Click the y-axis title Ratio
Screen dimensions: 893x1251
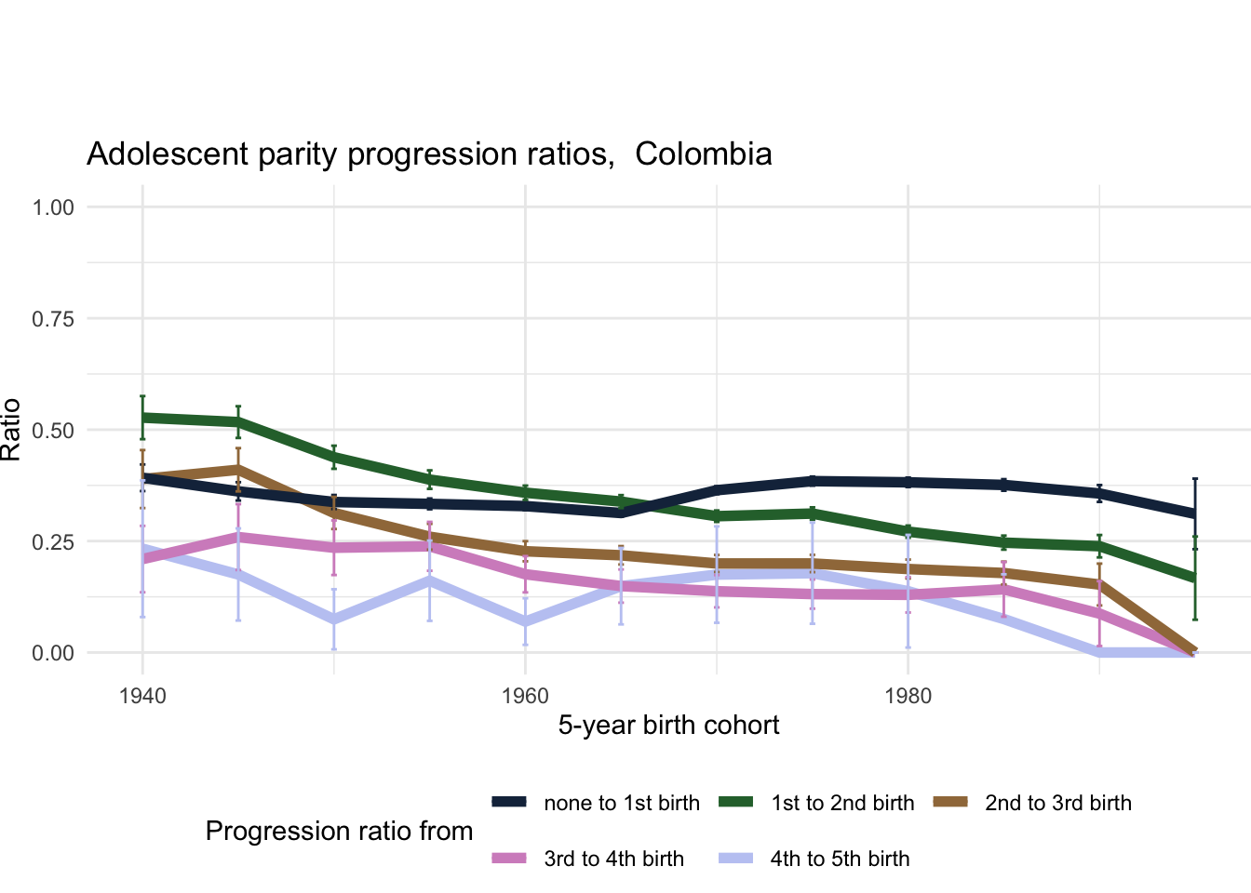[11, 430]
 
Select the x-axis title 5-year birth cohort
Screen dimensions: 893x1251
[668, 726]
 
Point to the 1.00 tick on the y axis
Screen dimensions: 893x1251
[53, 207]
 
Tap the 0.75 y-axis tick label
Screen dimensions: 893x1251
[53, 318]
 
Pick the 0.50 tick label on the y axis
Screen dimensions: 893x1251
[53, 430]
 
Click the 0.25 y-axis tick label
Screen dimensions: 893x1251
[53, 541]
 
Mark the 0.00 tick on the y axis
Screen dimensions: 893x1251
[53, 653]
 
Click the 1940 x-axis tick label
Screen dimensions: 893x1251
[142, 697]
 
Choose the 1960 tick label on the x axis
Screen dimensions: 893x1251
[525, 697]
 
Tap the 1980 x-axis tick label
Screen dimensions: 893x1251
[908, 697]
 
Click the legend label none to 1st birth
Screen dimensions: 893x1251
[622, 804]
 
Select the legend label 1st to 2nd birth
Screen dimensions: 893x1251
[842, 804]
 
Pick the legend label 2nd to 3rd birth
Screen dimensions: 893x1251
[1058, 804]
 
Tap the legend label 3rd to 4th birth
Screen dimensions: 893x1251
[613, 860]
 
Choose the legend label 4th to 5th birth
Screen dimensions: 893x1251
[840, 860]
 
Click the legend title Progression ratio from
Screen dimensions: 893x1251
[339, 832]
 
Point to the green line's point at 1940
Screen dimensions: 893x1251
[142, 418]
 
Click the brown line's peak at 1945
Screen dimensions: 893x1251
[238, 469]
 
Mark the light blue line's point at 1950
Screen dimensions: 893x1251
[334, 620]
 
